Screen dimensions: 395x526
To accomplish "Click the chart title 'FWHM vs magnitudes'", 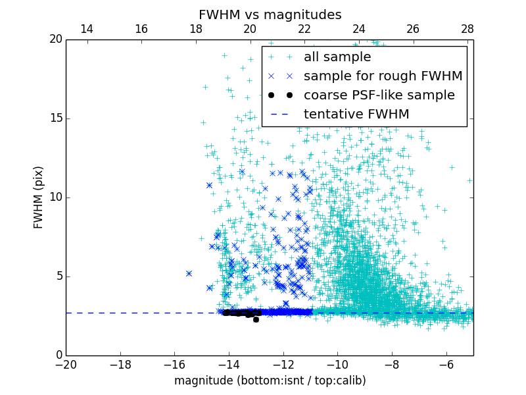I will (270, 14).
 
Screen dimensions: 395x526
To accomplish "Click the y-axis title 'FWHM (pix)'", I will (39, 197).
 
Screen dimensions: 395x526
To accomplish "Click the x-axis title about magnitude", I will (270, 381).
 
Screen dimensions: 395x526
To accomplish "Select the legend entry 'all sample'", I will (337, 57).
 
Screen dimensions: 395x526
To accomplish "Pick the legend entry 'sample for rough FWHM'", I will (383, 76).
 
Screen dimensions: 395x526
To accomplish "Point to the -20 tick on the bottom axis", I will (66, 365).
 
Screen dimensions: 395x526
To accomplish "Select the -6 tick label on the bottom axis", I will (446, 365).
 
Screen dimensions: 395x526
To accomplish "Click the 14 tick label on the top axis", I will (86, 29).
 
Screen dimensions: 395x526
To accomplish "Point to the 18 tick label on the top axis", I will (195, 29).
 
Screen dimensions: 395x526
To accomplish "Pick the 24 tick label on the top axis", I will (358, 29).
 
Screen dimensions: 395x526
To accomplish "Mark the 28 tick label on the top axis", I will (467, 29).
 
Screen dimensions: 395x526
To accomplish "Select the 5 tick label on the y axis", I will (58, 276).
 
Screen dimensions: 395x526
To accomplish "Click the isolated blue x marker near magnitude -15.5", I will (189, 273).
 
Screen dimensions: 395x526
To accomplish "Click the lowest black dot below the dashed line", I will (256, 319).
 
